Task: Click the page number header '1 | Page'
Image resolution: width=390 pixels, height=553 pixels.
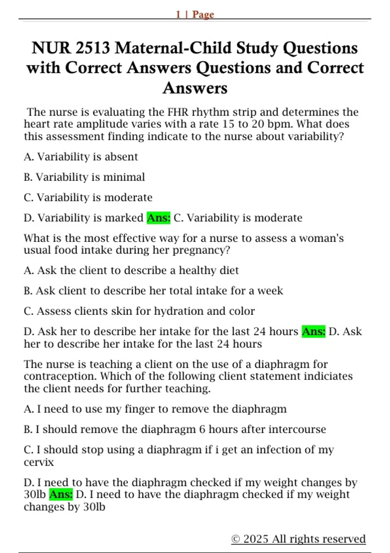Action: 195,14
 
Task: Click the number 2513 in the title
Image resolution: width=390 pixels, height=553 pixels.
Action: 93,48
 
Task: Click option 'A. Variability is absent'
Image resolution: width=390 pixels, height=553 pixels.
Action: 81,157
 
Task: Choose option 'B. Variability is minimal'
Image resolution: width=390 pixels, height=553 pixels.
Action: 84,177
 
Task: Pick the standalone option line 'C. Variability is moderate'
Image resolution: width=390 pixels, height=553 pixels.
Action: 88,197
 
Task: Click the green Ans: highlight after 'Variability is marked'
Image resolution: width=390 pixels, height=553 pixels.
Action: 159,218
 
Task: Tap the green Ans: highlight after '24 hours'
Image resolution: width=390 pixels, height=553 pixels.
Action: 313,331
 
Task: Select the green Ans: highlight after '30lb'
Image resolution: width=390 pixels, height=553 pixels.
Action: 61,494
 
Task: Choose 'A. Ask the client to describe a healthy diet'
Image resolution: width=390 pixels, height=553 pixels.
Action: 131,270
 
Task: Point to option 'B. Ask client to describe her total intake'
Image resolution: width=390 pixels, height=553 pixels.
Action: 153,290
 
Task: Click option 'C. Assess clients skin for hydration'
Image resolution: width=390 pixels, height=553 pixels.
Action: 139,311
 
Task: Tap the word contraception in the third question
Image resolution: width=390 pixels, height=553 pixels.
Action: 60,376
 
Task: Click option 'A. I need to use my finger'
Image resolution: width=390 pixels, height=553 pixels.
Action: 155,409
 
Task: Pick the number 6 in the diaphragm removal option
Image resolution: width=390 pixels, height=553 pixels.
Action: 202,429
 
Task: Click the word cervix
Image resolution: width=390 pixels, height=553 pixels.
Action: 39,462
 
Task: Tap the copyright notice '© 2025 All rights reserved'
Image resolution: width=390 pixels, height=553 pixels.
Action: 298,539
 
